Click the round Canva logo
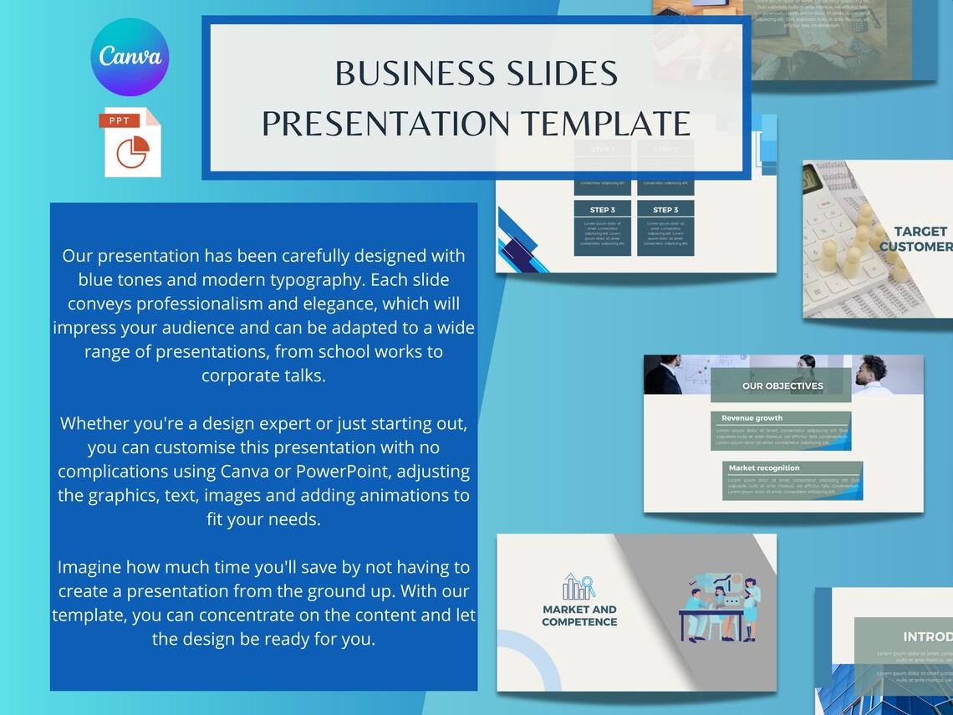click(x=130, y=57)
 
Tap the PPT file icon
click(x=132, y=142)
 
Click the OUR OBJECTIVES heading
click(x=782, y=386)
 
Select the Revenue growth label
click(x=752, y=418)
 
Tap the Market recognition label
click(x=763, y=468)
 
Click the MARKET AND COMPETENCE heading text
click(x=579, y=615)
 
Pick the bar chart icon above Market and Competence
click(x=578, y=587)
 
